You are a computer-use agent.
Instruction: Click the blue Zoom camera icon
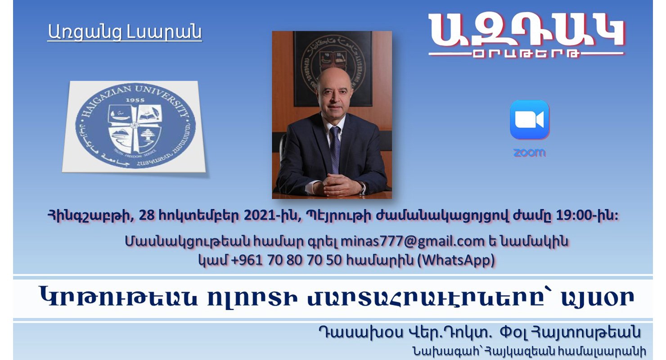[530, 120]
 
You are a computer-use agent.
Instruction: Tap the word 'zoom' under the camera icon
[530, 153]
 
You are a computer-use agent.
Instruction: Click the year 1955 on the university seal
[135, 100]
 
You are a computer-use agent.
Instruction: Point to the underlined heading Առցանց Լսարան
[125, 32]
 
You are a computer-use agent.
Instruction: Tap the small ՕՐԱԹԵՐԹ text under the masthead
[526, 54]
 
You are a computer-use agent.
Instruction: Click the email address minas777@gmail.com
[413, 241]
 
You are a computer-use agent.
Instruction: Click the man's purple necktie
[335, 148]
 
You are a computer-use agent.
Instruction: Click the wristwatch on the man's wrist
[363, 187]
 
